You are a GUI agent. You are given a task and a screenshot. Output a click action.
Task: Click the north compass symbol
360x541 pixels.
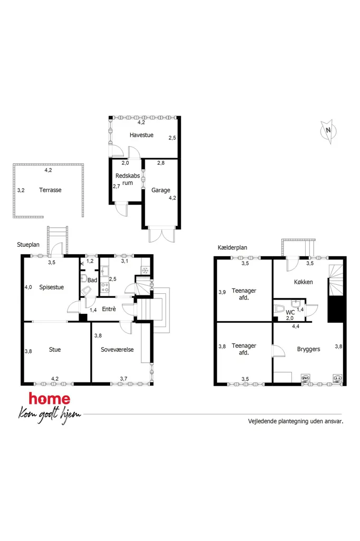(x=328, y=131)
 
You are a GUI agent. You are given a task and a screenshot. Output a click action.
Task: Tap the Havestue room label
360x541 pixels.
(x=141, y=135)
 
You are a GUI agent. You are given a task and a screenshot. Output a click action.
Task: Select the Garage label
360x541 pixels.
(x=160, y=190)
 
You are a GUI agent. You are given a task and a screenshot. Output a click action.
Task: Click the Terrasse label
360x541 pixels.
(x=50, y=190)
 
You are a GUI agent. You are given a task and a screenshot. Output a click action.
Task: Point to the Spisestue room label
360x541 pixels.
(x=51, y=287)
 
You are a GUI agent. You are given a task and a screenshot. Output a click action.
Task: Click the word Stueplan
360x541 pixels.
(x=29, y=245)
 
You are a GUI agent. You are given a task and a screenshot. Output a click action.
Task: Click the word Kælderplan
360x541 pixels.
(x=232, y=247)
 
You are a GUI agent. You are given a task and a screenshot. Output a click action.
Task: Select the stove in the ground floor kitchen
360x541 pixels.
(x=105, y=288)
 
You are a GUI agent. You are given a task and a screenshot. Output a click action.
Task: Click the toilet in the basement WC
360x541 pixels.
(x=279, y=309)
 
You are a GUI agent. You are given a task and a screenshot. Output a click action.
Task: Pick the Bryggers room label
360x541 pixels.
(x=309, y=349)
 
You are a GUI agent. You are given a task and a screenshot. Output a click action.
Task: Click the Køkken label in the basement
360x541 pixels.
(x=304, y=282)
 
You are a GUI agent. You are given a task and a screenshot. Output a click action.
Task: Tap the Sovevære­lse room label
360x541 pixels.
(x=117, y=350)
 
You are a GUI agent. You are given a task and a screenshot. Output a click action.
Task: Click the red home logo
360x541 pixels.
(x=50, y=399)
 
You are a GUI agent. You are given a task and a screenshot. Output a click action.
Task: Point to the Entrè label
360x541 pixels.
(x=109, y=309)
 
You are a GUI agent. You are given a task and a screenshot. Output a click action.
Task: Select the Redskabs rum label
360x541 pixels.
(x=128, y=179)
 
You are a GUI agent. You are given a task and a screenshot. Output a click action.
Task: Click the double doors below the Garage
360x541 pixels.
(x=161, y=235)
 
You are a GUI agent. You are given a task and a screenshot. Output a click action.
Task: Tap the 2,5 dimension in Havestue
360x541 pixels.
(x=173, y=138)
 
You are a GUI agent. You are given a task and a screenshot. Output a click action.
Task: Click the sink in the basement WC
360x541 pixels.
(x=296, y=304)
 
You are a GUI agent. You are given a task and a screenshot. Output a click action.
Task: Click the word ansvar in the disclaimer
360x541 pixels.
(x=334, y=421)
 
